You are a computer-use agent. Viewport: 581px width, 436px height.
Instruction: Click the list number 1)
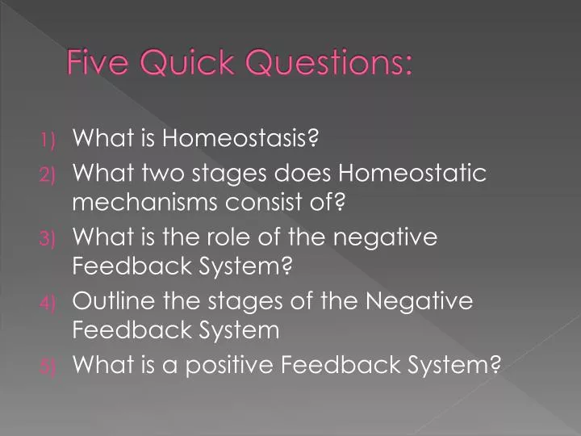[50, 140]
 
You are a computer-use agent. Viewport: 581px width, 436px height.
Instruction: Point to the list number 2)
[49, 174]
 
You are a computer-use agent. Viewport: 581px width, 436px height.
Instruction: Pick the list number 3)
[49, 238]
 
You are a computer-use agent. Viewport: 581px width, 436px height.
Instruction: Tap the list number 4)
[49, 303]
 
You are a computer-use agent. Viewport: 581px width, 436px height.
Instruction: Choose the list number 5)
[49, 367]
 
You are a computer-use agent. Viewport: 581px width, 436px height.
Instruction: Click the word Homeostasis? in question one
[241, 139]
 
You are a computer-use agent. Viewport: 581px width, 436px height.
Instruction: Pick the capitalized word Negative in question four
[419, 301]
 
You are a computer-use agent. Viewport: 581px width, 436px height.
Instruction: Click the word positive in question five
[235, 366]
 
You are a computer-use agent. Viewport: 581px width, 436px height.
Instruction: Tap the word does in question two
[307, 172]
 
